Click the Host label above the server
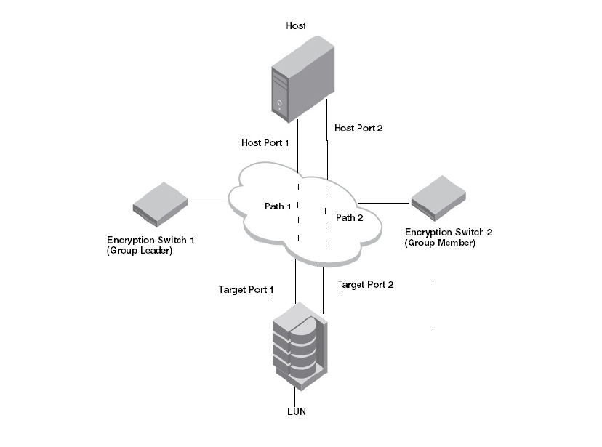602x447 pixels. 296,26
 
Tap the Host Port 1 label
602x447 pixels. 265,143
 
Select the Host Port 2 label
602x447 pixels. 358,128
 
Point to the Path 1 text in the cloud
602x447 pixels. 277,206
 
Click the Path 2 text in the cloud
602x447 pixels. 348,217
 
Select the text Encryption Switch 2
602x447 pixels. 449,233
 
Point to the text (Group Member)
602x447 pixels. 440,243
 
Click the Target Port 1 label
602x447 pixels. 246,290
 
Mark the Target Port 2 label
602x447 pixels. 366,285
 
